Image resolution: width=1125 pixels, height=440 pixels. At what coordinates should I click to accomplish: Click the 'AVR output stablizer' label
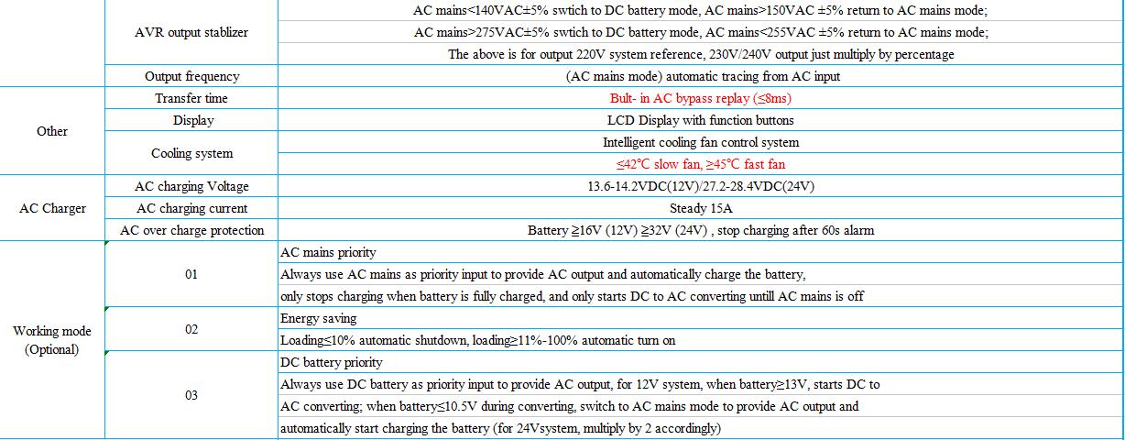191,32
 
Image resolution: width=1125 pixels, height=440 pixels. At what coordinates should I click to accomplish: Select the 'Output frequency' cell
191,76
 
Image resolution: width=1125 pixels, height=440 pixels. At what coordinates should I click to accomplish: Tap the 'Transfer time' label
191,98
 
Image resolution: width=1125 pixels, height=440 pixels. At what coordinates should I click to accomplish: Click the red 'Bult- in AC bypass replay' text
700,98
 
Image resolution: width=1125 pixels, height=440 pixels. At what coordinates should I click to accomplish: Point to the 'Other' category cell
52,131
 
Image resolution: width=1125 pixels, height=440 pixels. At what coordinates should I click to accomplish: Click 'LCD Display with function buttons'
700,120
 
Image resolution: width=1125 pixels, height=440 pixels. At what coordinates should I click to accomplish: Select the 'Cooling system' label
191,153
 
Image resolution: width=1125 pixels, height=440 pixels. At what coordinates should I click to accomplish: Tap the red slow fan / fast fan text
700,164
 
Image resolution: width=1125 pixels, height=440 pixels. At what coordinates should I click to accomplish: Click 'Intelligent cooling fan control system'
700,142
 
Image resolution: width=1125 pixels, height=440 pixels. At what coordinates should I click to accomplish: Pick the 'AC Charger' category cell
52,208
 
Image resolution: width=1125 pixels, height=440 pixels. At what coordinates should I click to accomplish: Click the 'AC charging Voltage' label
191,186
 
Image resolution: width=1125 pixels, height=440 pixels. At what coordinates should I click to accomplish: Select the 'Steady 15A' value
700,208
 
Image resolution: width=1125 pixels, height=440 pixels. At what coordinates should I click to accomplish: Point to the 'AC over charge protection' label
191,230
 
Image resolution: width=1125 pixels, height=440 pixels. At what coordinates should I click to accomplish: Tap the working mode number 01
191,274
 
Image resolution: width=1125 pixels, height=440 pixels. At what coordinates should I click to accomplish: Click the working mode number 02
191,329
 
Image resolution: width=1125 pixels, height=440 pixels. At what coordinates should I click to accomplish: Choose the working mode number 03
191,395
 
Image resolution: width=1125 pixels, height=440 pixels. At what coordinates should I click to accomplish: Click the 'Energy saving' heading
318,318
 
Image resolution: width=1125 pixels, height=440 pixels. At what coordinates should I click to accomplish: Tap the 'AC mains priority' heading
327,252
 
